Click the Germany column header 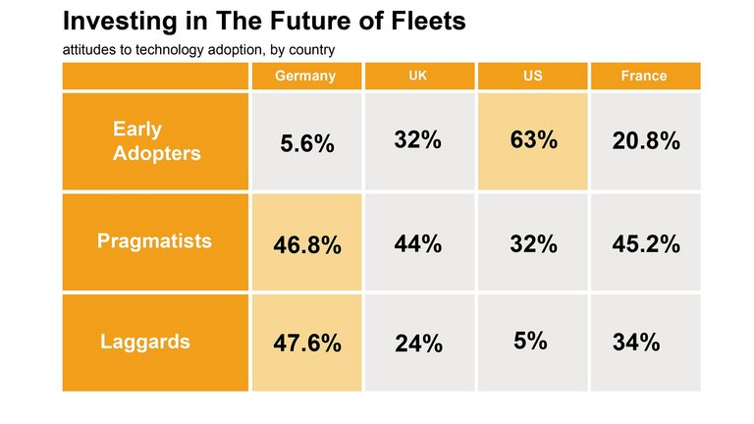(x=305, y=77)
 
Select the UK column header (x=418, y=77)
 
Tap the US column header (x=533, y=77)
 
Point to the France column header (x=644, y=77)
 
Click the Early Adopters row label (x=156, y=141)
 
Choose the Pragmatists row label (x=154, y=241)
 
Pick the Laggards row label (x=145, y=343)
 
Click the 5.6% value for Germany (x=307, y=143)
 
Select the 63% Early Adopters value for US (x=534, y=140)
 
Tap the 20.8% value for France (x=646, y=141)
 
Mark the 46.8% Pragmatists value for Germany (x=307, y=245)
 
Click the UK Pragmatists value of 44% (x=418, y=244)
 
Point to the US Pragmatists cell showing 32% (x=534, y=244)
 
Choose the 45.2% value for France (x=646, y=244)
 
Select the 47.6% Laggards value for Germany (x=307, y=344)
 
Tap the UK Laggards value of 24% (x=418, y=344)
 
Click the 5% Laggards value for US (x=531, y=341)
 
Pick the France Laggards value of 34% (x=636, y=343)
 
